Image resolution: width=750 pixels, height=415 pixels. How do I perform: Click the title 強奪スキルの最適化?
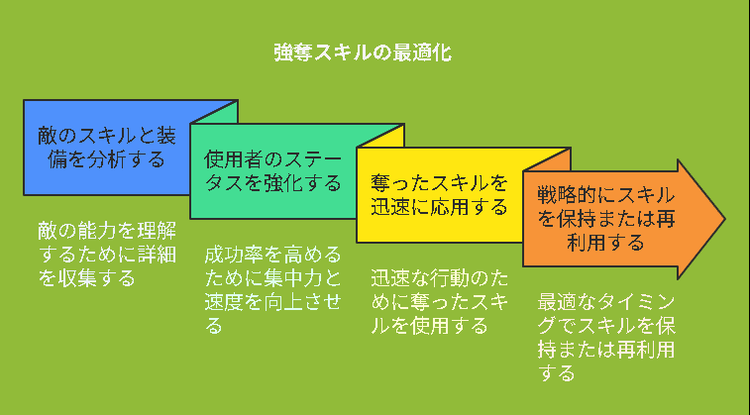363,52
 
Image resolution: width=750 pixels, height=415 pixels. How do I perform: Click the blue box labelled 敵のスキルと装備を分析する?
107,148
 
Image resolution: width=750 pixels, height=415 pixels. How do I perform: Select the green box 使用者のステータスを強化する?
273,171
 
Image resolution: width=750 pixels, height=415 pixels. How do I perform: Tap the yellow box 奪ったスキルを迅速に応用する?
440,195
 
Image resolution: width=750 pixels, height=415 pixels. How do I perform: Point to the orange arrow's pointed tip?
725,220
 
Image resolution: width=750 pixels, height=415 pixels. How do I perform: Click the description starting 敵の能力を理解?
107,255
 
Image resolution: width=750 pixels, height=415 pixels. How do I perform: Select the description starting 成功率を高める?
272,290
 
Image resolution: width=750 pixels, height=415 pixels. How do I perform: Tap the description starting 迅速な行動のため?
440,302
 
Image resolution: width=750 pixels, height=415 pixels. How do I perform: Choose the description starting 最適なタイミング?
606,338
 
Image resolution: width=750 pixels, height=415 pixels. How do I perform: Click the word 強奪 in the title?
292,52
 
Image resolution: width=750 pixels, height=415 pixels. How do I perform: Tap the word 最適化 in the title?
422,52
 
